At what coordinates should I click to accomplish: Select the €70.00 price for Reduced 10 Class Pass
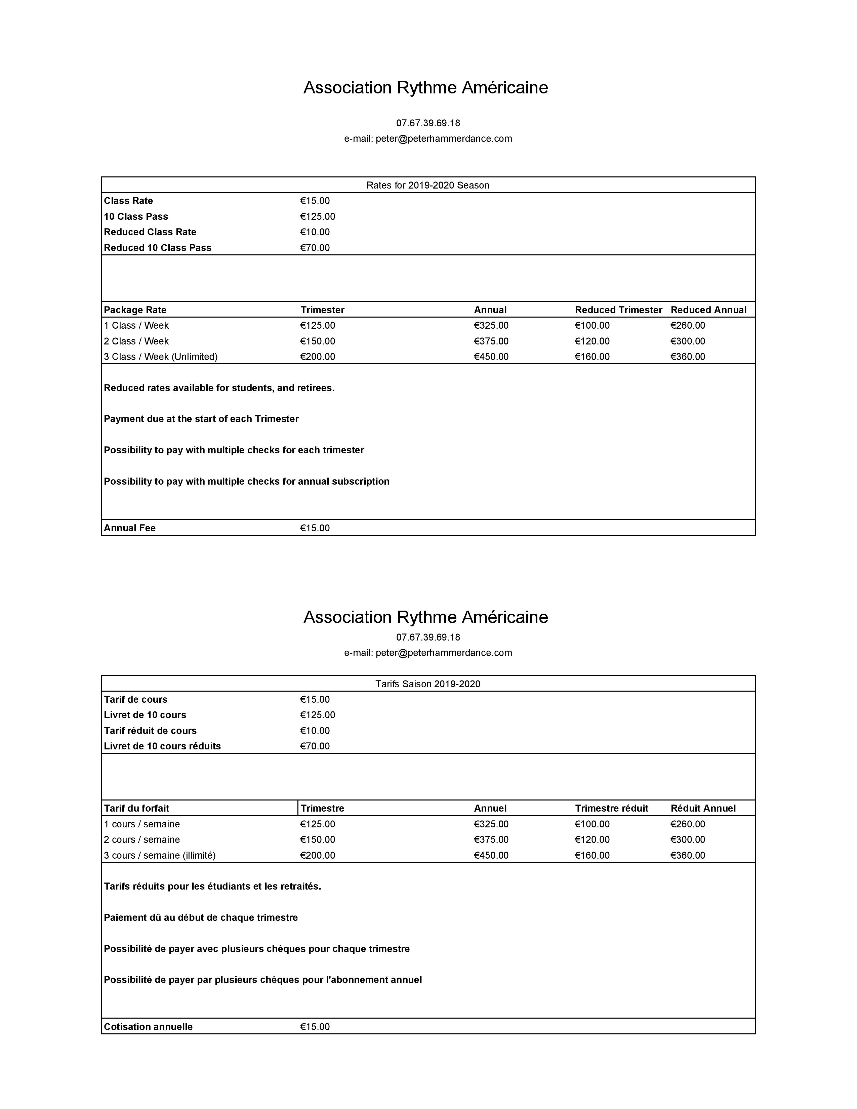point(315,248)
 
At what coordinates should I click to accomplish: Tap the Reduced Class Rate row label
point(150,232)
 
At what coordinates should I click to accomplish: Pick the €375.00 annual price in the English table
point(491,341)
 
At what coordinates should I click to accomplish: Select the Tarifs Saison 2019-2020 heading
point(427,684)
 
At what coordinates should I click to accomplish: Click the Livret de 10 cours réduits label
point(162,746)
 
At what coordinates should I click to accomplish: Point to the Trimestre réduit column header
point(611,808)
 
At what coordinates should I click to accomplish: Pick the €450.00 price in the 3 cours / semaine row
point(491,855)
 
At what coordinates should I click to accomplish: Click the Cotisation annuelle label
point(148,1027)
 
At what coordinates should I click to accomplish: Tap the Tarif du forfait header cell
point(136,808)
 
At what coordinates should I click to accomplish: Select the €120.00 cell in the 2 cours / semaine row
point(592,839)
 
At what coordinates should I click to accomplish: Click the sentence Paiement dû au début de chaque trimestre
point(201,917)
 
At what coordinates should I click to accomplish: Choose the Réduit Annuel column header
point(703,808)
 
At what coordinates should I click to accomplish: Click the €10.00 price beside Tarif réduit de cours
point(315,731)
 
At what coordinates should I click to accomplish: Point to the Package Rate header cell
point(135,310)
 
